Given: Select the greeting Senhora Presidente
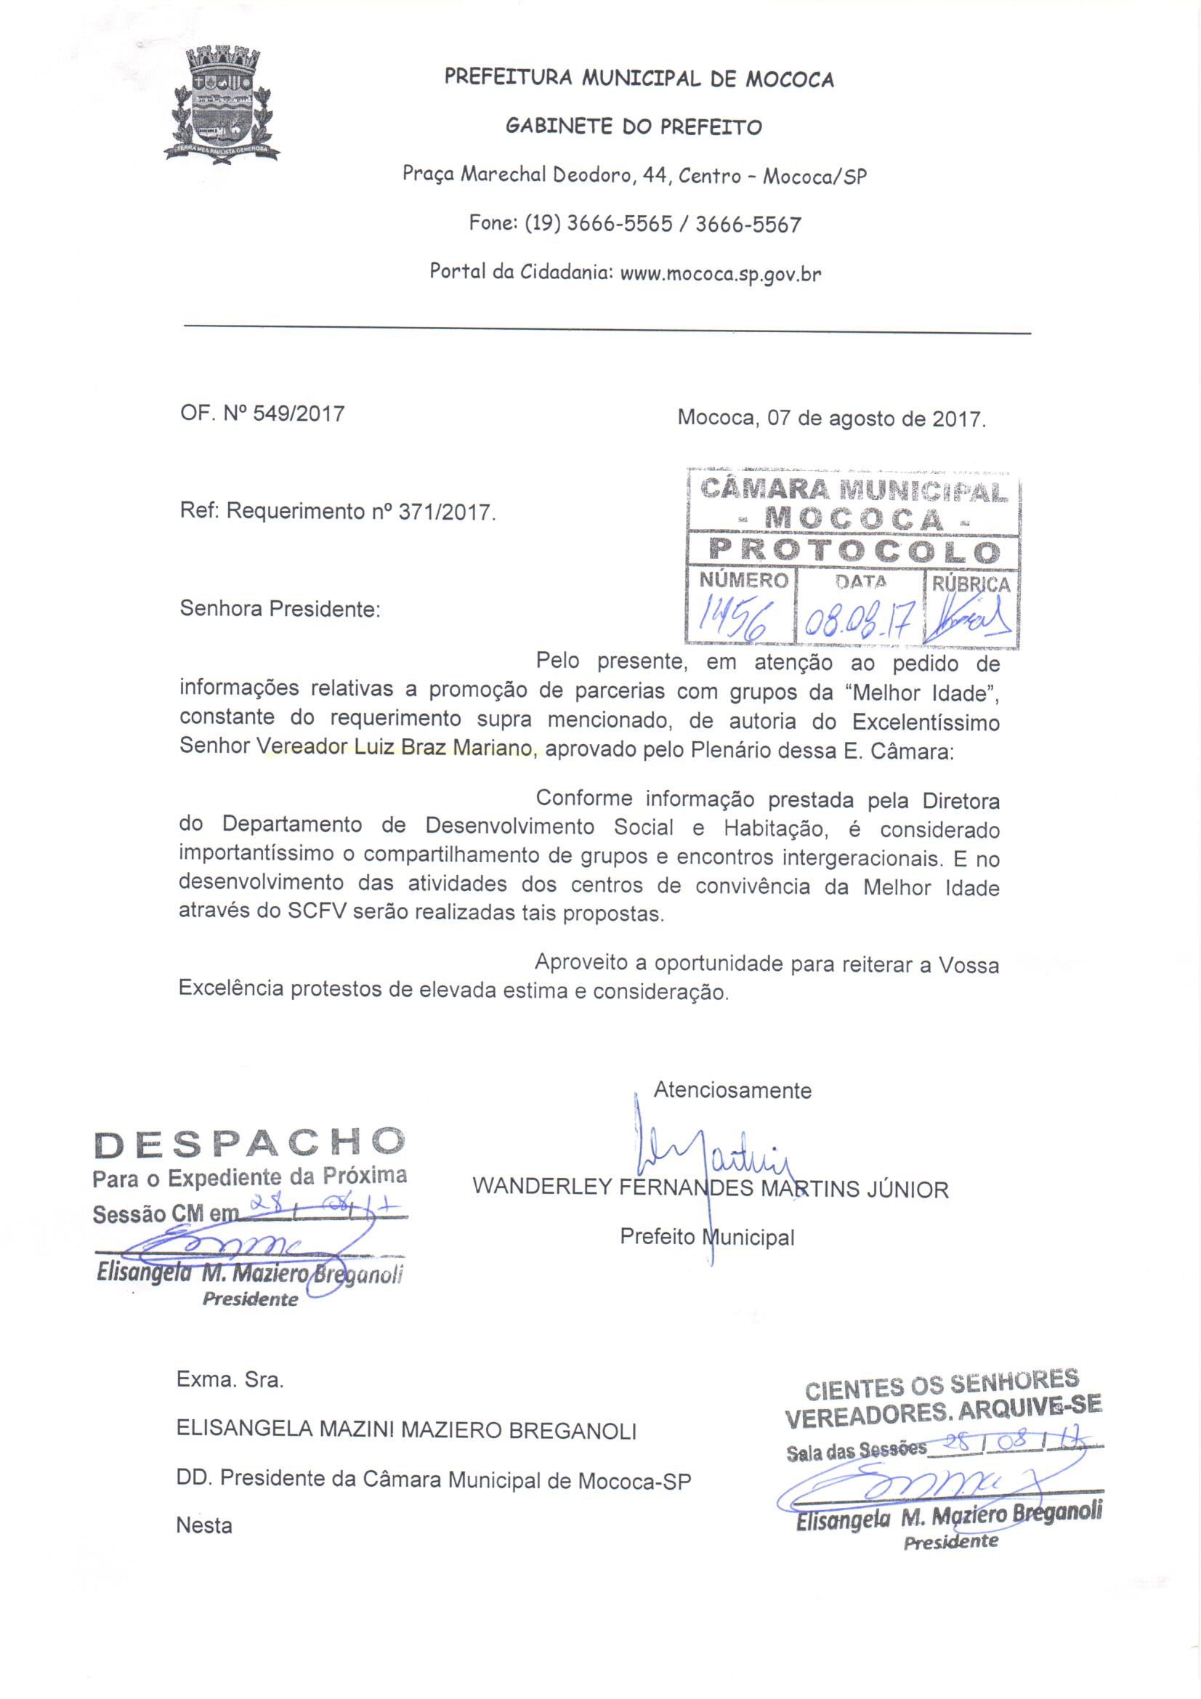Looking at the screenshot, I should pyautogui.click(x=280, y=610).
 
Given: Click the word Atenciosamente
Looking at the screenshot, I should pyautogui.click(x=732, y=1090).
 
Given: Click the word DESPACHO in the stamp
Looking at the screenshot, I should pyautogui.click(x=249, y=1143).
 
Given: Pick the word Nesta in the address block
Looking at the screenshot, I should pyautogui.click(x=203, y=1525).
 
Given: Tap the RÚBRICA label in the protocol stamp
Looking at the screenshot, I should pyautogui.click(x=970, y=584).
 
